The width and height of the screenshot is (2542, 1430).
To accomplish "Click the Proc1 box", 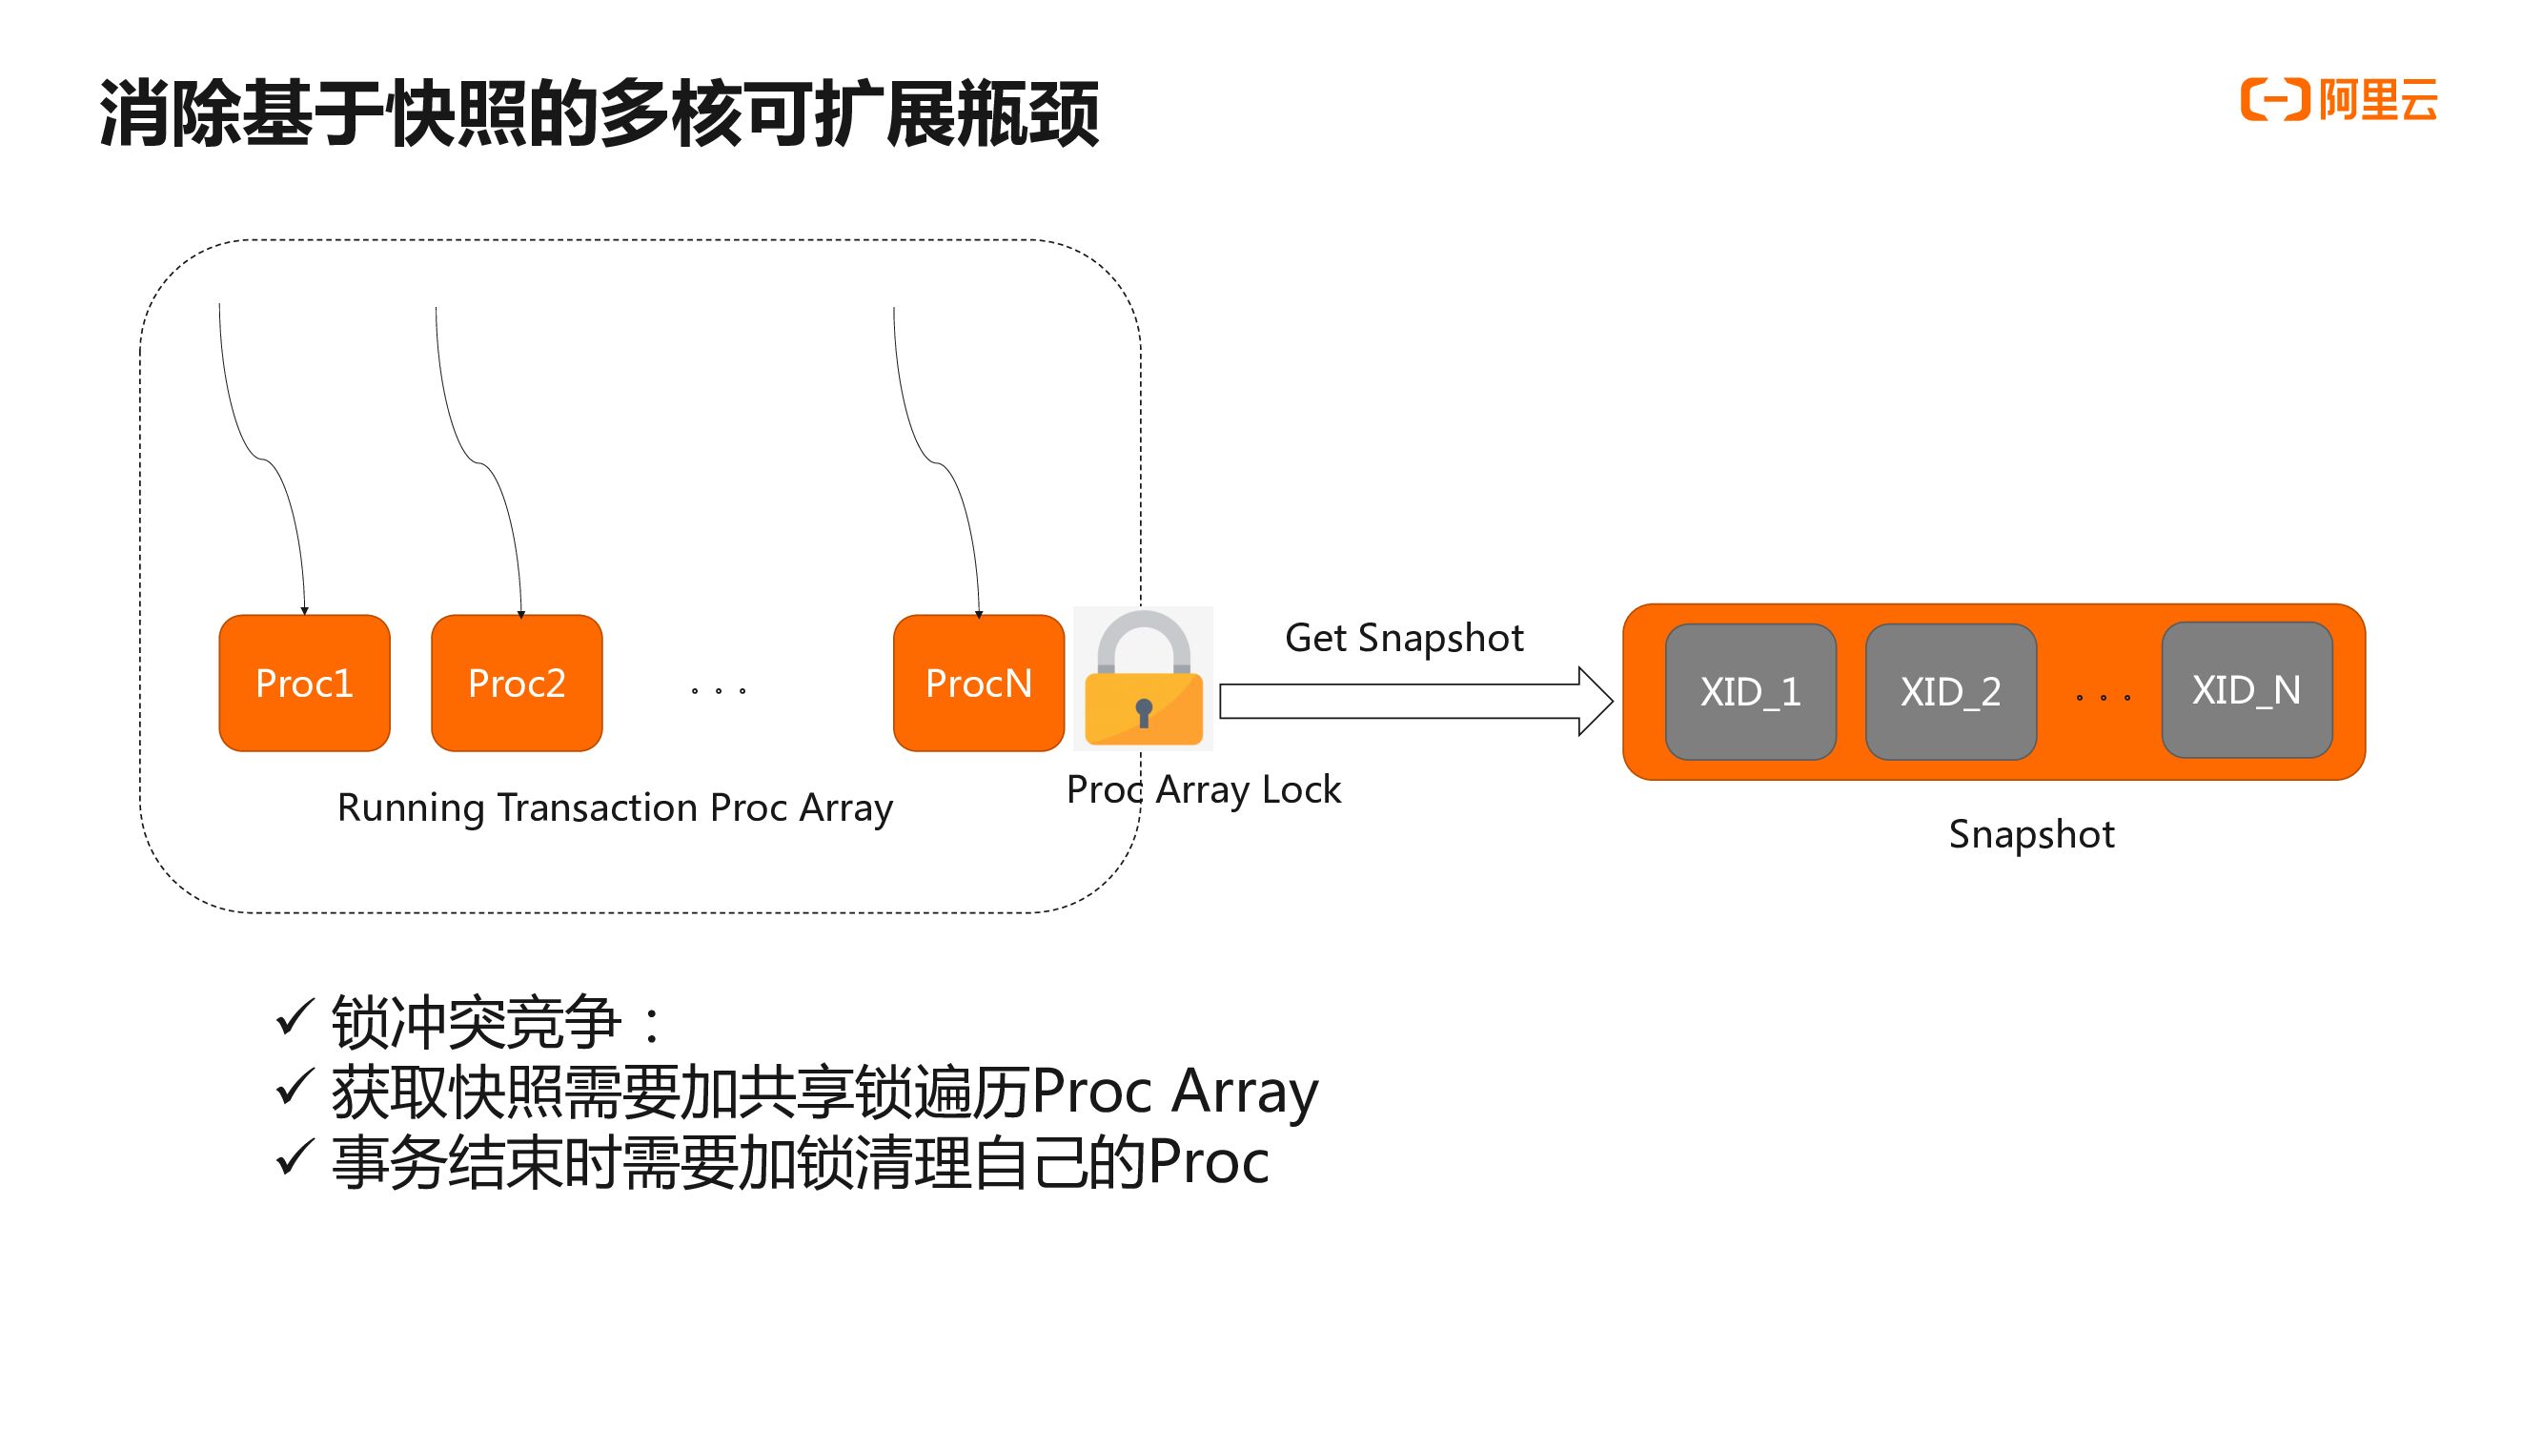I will point(304,683).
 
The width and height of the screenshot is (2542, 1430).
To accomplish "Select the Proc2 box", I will point(516,683).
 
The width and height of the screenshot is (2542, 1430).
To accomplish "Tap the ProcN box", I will point(978,683).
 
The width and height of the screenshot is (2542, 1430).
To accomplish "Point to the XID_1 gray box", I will point(1750,692).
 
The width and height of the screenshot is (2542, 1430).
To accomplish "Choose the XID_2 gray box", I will point(1950,692).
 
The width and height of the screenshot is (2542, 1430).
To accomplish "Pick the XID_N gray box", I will point(2246,690).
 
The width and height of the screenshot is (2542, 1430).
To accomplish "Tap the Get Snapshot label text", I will point(1403,639).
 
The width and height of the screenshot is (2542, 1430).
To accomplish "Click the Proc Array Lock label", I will point(1203,789).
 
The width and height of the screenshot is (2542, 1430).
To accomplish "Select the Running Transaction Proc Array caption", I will point(615,807).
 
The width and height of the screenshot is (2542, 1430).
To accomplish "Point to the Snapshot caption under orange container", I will point(2031,835).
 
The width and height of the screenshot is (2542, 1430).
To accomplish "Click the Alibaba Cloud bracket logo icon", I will point(2273,101).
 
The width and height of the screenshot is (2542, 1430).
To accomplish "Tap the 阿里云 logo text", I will point(2377,101).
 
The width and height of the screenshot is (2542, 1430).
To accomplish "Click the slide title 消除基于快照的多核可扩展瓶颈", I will point(599,114).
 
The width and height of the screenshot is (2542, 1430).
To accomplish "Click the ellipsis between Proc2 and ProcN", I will point(719,691).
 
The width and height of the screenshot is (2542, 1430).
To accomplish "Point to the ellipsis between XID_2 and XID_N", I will point(2102,697).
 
